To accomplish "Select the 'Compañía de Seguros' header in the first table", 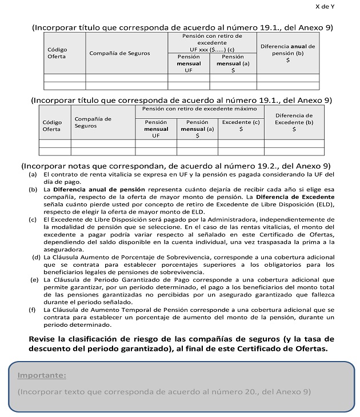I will (119, 53).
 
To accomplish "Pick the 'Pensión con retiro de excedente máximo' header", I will (199, 109).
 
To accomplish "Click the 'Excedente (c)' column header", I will (241, 126).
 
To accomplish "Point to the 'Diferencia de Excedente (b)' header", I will (294, 122).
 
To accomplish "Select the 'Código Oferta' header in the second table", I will (51, 126).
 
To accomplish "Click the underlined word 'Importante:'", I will (42, 375).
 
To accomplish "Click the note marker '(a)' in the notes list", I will (33, 174).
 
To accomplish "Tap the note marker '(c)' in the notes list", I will (33, 219).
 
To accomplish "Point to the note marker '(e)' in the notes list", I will (35, 279).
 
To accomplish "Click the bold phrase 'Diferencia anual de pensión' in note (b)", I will (99, 189).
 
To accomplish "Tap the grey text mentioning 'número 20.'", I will (163, 391).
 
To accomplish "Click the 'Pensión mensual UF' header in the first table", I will (189, 64).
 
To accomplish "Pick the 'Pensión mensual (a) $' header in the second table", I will (197, 129).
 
